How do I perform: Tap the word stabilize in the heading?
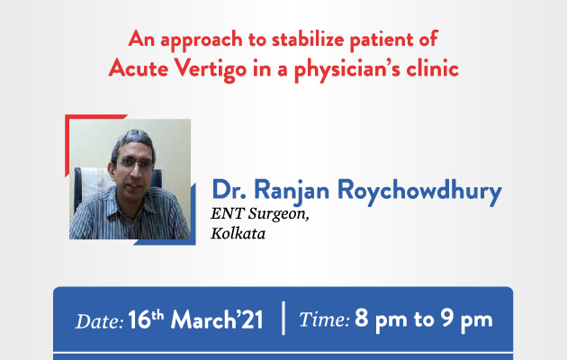click(x=308, y=39)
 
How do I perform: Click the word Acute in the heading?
click(x=139, y=67)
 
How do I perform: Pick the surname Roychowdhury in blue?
click(x=419, y=191)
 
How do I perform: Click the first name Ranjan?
click(x=292, y=192)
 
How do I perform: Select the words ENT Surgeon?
click(x=259, y=213)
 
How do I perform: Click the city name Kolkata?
click(x=238, y=233)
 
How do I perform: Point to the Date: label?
click(x=99, y=321)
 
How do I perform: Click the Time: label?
click(x=324, y=319)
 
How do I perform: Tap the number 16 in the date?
click(x=139, y=319)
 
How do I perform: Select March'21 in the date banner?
click(x=217, y=319)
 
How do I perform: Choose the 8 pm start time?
click(x=381, y=320)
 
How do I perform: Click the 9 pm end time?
click(x=466, y=320)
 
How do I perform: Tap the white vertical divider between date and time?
click(x=283, y=318)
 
